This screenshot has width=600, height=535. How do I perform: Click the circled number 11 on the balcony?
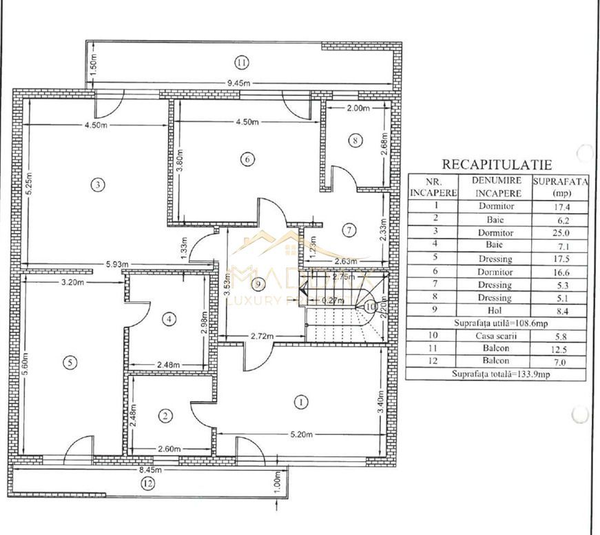[x=240, y=63]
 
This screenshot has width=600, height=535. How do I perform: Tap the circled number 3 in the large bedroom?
[x=99, y=184]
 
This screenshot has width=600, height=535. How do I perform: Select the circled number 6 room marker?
[x=247, y=159]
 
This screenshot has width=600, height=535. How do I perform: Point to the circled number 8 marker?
[x=355, y=141]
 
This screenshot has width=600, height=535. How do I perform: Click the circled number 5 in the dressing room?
[x=72, y=361]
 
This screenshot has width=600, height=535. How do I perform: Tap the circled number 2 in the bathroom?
[x=165, y=415]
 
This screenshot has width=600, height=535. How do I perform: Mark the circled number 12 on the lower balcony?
[x=147, y=483]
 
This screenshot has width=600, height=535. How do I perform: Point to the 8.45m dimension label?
[x=150, y=470]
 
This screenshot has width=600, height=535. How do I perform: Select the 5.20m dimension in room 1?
[x=300, y=435]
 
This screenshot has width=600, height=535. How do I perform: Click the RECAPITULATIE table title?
[x=496, y=164]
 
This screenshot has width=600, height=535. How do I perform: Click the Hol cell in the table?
[x=495, y=310]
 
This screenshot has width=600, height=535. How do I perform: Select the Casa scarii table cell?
[x=495, y=336]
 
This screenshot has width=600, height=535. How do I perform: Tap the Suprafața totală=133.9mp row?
[x=495, y=374]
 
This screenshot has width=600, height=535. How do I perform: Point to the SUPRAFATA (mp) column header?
[x=559, y=187]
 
